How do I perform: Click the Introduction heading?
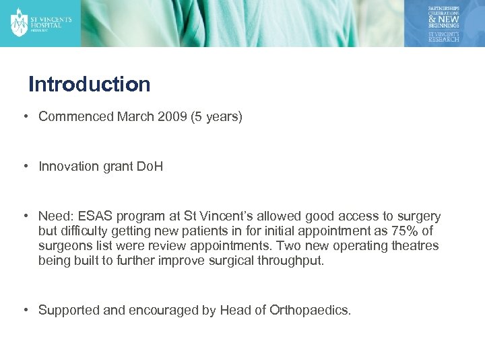(x=90, y=85)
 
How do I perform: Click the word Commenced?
(x=76, y=117)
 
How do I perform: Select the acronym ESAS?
(x=96, y=216)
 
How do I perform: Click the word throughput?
(x=291, y=261)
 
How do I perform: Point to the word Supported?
(x=68, y=310)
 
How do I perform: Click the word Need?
(x=55, y=216)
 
